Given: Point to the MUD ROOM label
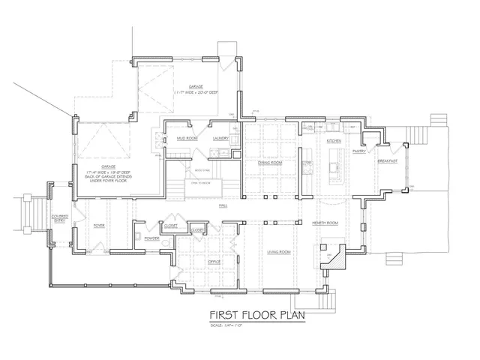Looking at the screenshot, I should [187, 139].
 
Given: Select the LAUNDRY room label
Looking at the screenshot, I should [220, 139].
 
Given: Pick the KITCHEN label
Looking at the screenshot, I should [334, 141].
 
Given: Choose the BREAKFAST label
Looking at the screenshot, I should [387, 160].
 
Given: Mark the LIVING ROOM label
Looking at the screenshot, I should [278, 252].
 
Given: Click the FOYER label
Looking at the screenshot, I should [98, 225].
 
